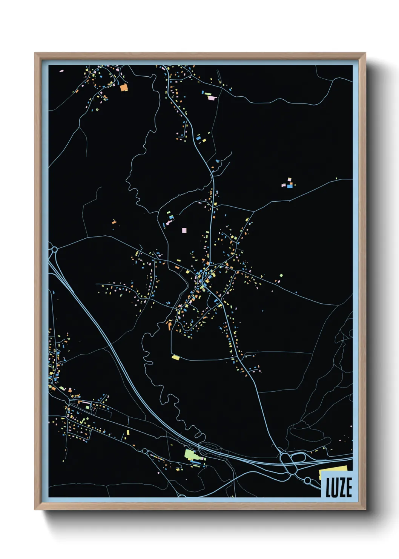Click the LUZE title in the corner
pyautogui.click(x=338, y=487)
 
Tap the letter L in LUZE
pyautogui.click(x=328, y=488)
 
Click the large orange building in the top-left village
pyautogui.click(x=124, y=88)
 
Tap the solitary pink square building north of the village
pyautogui.click(x=184, y=230)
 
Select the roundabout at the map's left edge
pyautogui.click(x=54, y=249)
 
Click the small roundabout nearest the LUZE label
pyautogui.click(x=307, y=480)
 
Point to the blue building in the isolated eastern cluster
pyautogui.click(x=289, y=186)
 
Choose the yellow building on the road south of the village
pyautogui.click(x=175, y=357)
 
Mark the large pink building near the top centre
pyautogui.click(x=212, y=98)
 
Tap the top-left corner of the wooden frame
pyautogui.click(x=36, y=54)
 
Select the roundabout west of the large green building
pyautogui.click(x=144, y=451)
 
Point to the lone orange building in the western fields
pyautogui.click(x=114, y=222)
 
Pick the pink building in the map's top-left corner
pyautogui.click(x=61, y=71)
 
